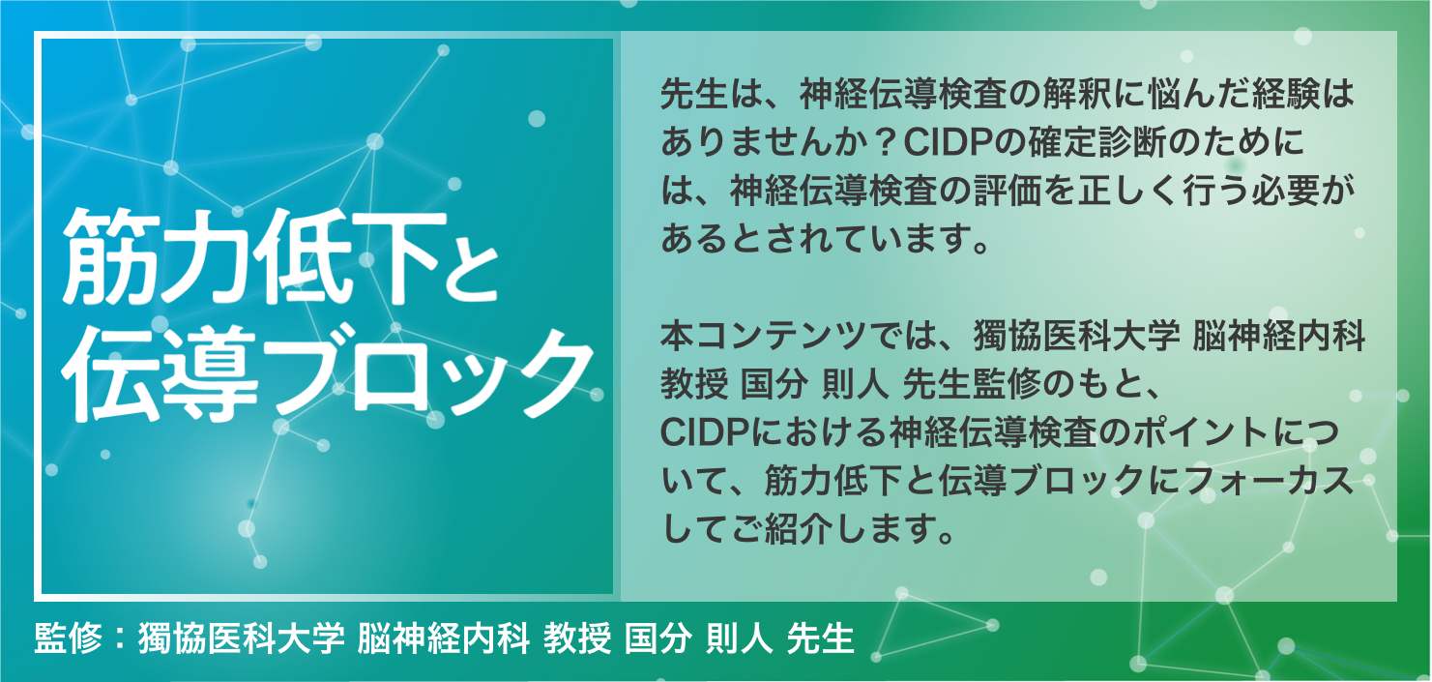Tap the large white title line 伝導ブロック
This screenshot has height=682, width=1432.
328,373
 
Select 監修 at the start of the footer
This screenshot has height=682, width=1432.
68,638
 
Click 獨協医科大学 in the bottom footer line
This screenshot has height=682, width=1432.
242,638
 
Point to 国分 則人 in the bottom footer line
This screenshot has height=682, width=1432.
699,638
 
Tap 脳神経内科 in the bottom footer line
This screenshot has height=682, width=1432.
443,638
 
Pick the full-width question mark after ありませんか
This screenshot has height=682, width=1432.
884,142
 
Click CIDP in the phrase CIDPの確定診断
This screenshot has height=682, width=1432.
946,142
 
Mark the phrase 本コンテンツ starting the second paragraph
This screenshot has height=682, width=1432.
764,336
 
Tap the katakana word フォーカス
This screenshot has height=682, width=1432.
1269,481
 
